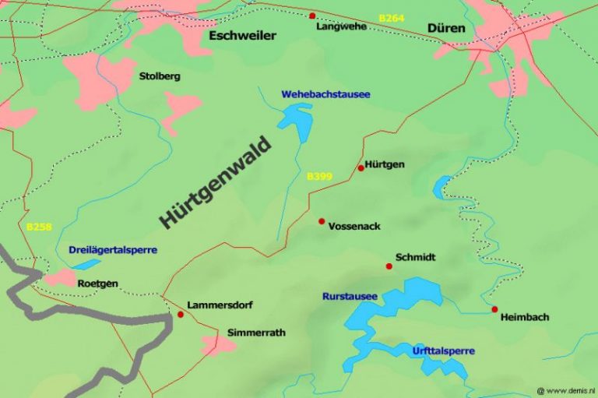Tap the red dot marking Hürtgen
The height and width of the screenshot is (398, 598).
point(361,167)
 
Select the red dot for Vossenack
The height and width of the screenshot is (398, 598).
point(322,221)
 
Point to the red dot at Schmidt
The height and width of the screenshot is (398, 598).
point(389,266)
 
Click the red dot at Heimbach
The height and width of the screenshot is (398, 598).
point(494,309)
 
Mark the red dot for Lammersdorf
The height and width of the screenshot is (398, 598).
point(181,315)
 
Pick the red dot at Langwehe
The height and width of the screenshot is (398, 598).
point(312,16)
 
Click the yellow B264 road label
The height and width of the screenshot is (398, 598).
point(392,17)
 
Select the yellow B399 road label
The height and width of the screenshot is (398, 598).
point(320,177)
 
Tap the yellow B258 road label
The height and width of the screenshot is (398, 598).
point(39,227)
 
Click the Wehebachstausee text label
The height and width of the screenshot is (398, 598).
point(325,94)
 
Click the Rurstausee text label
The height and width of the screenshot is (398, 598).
point(350,297)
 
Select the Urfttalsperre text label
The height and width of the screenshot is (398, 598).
point(443,351)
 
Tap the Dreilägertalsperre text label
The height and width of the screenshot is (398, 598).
point(113,250)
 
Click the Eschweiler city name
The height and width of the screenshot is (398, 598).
point(237,35)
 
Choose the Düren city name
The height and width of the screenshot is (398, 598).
point(446,29)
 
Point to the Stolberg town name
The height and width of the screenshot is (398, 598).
point(159,76)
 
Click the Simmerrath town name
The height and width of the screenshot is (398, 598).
point(256,333)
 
